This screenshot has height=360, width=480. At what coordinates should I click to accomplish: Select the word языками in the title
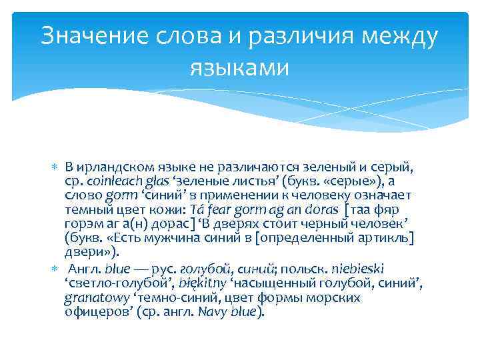coord(240,67)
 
